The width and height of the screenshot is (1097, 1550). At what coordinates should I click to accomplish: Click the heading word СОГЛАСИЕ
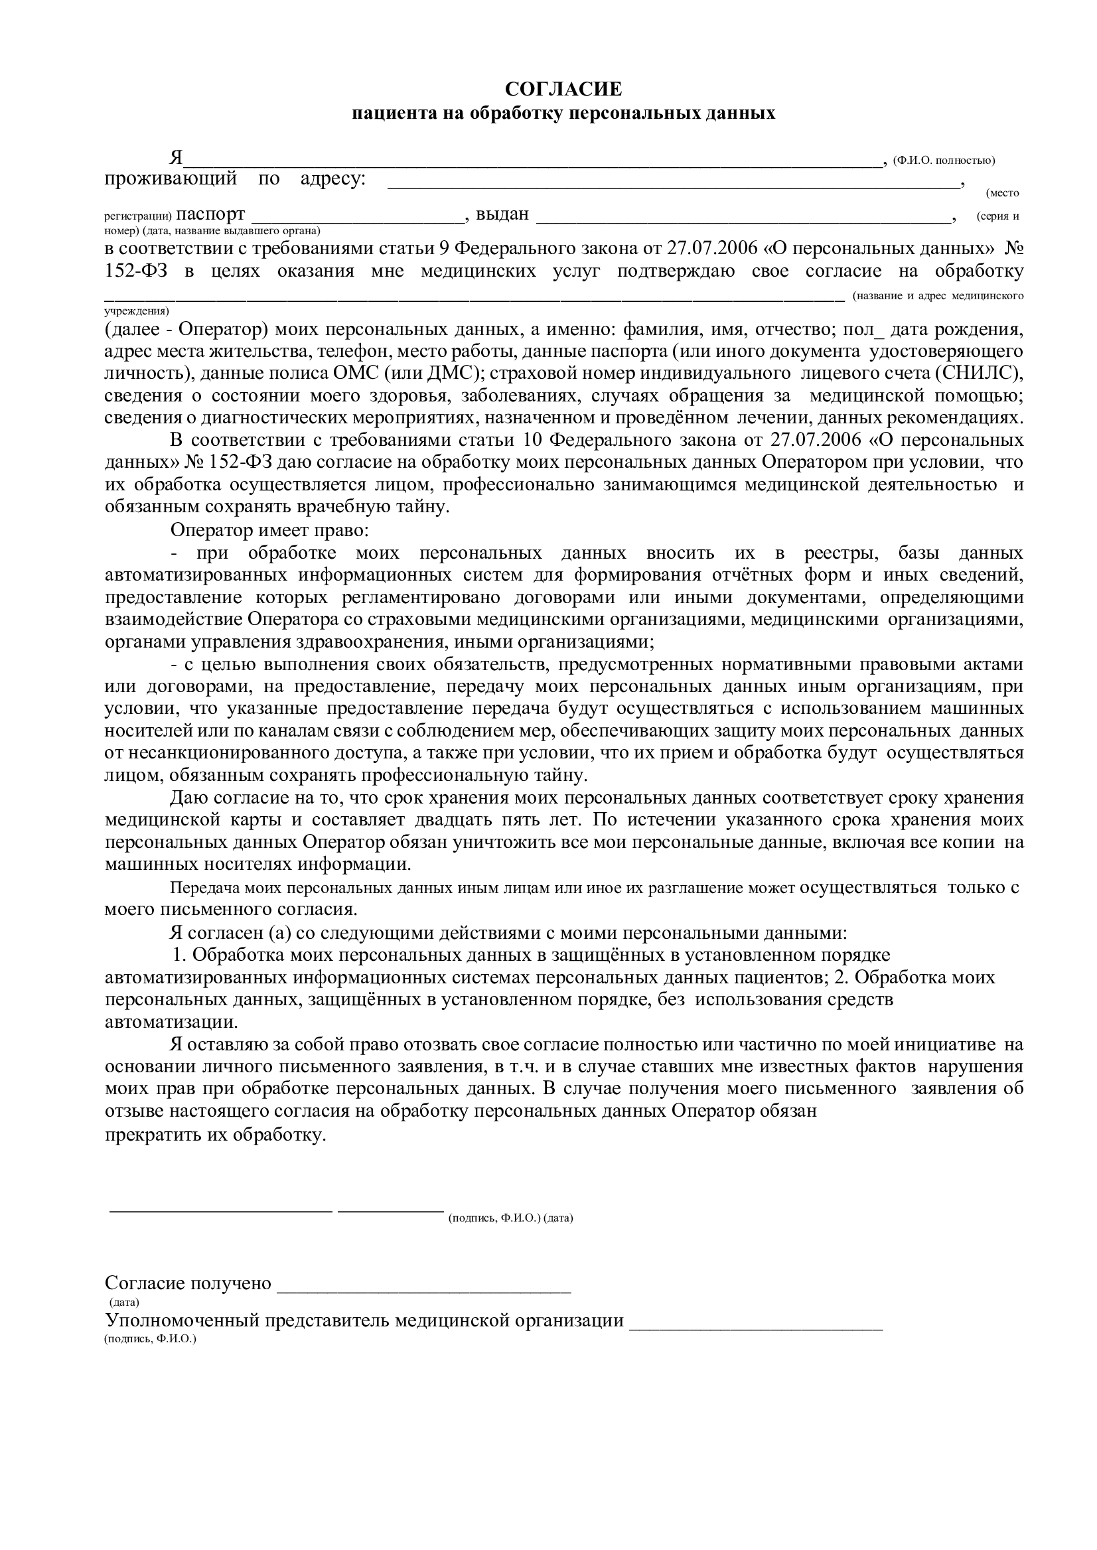click(x=563, y=89)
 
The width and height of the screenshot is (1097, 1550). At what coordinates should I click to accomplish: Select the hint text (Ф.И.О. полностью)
click(x=944, y=161)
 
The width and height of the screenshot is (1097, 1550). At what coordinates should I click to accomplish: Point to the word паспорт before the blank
click(x=211, y=215)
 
